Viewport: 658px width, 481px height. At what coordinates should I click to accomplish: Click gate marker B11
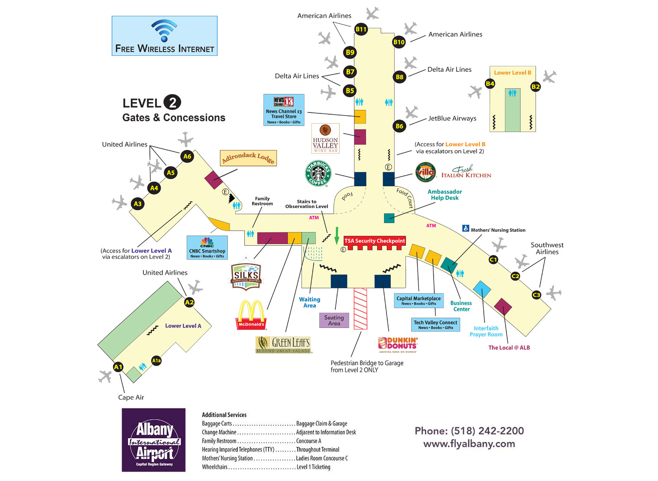click(x=361, y=29)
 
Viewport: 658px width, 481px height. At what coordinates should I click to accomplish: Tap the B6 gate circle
click(x=399, y=126)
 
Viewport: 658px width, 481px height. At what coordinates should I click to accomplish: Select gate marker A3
click(x=138, y=204)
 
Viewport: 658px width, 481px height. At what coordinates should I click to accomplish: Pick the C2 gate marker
click(x=515, y=276)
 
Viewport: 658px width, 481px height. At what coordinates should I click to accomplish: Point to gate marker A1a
click(x=156, y=360)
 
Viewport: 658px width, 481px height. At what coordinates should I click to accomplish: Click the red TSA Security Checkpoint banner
click(x=374, y=241)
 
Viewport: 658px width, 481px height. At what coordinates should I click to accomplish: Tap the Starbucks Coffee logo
click(x=318, y=173)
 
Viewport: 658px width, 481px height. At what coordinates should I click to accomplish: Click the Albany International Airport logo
click(x=154, y=440)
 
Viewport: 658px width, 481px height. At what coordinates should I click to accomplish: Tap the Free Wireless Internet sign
click(x=165, y=36)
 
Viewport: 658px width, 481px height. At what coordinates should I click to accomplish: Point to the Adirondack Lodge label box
click(x=248, y=158)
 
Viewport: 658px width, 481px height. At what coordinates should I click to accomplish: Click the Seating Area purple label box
click(x=334, y=321)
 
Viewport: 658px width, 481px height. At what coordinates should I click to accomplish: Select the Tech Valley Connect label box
click(x=435, y=325)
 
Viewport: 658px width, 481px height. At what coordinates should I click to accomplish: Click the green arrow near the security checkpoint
click(x=337, y=236)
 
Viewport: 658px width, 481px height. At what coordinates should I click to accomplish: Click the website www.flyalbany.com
click(x=469, y=444)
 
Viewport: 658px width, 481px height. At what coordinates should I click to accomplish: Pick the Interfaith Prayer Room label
click(x=486, y=331)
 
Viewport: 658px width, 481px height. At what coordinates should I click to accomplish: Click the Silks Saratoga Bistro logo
click(x=246, y=275)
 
